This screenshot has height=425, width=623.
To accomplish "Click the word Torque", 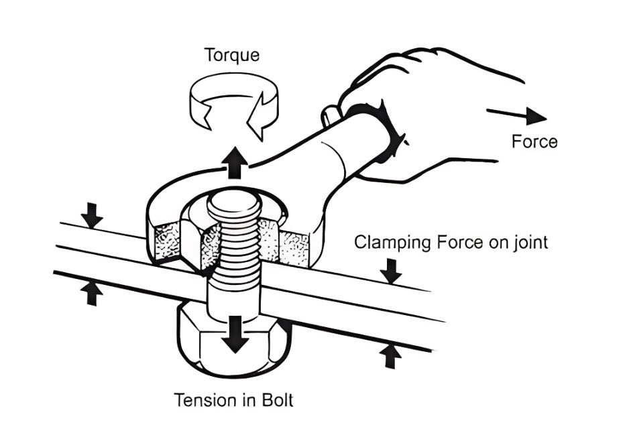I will click(232, 54).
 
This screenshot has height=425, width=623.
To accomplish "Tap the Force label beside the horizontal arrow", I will click(534, 142).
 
